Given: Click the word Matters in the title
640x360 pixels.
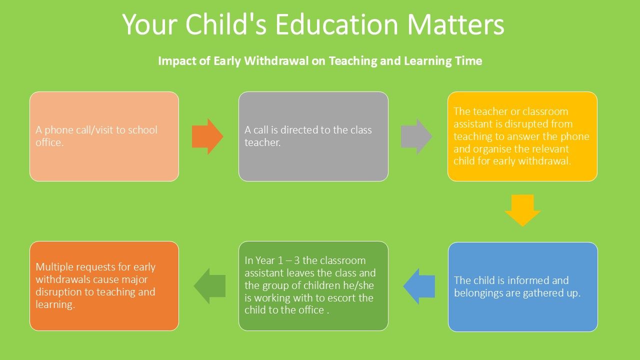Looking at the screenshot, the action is tap(455, 24).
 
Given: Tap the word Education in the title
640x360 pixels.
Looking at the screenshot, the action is tap(336, 24).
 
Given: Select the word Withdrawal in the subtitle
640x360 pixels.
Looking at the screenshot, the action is tap(276, 61).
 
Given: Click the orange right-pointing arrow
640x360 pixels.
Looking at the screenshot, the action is tap(207, 136).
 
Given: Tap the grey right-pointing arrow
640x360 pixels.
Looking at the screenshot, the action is tap(416, 136).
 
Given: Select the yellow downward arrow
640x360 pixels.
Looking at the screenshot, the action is tap(522, 210).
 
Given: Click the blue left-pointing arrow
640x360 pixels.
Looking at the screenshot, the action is tap(419, 286).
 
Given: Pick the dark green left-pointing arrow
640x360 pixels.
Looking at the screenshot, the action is tap(209, 285).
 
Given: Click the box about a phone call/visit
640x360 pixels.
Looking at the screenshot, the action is tap(104, 136).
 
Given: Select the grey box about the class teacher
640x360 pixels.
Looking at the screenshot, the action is tap(313, 136).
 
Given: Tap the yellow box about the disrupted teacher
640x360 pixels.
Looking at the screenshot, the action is tap(522, 136).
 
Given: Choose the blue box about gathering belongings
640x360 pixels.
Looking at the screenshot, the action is tap(523, 287).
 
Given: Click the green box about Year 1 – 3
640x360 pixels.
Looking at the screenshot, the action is tap(313, 286).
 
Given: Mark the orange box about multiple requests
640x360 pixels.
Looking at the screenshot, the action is tap(104, 286).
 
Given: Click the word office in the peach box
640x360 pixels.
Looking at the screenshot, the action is tap(49, 142).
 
